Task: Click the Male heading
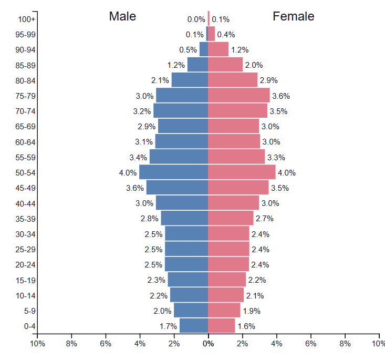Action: [x=122, y=16]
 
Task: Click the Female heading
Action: [x=293, y=16]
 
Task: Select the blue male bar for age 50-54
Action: [x=174, y=172]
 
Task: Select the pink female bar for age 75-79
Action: [x=239, y=96]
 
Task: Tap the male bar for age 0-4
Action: [x=194, y=326]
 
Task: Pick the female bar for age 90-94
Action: [x=218, y=50]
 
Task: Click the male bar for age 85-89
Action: [x=197, y=65]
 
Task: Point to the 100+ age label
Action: [x=26, y=19]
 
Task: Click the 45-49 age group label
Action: [x=26, y=188]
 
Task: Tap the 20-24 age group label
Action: [x=26, y=265]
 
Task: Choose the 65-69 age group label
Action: [x=26, y=127]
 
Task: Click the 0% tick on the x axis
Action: [x=209, y=344]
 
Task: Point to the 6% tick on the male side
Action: [x=106, y=344]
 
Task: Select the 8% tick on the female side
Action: [x=345, y=344]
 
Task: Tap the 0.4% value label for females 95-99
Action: [x=226, y=35]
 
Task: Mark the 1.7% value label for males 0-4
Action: [x=168, y=326]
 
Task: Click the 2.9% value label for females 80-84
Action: [x=269, y=80]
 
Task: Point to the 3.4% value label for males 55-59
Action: [x=139, y=157]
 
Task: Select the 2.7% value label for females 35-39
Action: [x=264, y=219]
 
